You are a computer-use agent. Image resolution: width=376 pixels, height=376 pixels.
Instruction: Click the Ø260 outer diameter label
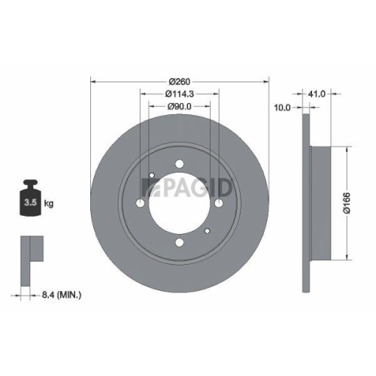(179, 80)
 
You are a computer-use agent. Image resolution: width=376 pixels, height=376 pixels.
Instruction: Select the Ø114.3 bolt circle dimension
(179, 93)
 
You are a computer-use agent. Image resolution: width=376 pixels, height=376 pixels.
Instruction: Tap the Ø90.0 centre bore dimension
(179, 106)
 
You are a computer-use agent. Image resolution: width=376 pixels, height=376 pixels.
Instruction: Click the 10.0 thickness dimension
(283, 108)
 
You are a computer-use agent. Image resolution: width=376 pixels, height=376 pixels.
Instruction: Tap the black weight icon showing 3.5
(31, 198)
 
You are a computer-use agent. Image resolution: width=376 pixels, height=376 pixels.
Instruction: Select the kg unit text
(50, 203)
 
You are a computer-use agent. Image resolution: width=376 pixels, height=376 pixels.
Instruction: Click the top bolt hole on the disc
(180, 165)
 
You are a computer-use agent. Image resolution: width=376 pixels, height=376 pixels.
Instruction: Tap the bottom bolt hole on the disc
(180, 243)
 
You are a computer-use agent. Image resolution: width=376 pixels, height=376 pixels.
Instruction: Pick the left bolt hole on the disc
(141, 204)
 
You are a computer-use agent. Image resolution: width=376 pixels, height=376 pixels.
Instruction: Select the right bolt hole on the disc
(220, 204)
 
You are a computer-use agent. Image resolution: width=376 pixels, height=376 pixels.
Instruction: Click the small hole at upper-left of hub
(152, 178)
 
